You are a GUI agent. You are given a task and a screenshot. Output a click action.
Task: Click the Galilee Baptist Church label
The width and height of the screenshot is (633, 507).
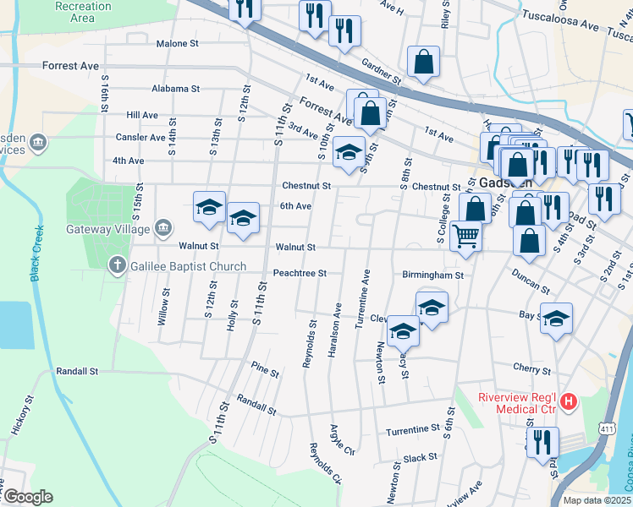pos(188,267)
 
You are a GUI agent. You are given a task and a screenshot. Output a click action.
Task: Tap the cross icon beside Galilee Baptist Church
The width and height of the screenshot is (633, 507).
pos(119,267)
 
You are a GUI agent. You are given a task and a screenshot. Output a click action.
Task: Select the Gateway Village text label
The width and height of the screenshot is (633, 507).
pos(107,228)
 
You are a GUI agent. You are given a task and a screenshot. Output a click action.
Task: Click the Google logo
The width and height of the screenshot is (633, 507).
pos(28,497)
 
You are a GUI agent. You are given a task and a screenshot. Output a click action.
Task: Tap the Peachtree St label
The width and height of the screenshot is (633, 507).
pos(300,274)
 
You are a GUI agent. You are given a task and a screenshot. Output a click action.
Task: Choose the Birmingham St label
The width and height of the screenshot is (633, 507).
pos(432,275)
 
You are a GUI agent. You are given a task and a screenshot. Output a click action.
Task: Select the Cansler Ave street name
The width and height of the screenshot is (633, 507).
pos(146,138)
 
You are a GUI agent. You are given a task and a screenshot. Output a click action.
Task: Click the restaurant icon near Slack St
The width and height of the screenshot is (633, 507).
pos(542,440)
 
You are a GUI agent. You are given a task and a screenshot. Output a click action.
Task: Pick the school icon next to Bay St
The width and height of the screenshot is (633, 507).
pos(556,318)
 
